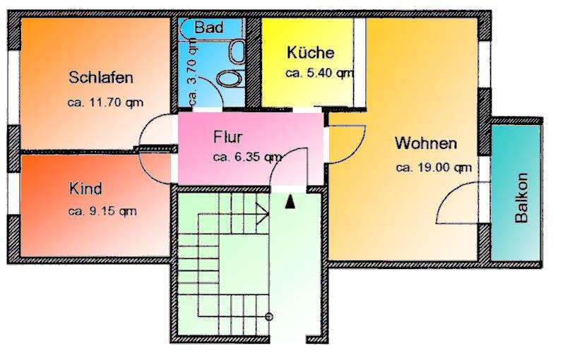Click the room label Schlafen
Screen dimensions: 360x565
pyautogui.click(x=102, y=78)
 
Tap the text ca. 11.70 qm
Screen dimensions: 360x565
pyautogui.click(x=105, y=102)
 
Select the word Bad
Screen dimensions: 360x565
pyautogui.click(x=209, y=28)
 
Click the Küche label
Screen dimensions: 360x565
pyautogui.click(x=310, y=53)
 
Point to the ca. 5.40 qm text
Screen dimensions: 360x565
pyautogui.click(x=319, y=73)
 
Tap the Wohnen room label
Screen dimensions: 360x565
pyautogui.click(x=426, y=143)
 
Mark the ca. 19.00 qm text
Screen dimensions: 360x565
pyautogui.click(x=434, y=167)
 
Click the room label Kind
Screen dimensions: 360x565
pyautogui.click(x=85, y=189)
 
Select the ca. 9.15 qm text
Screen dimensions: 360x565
pyautogui.click(x=102, y=210)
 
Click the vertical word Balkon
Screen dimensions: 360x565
pyautogui.click(x=521, y=198)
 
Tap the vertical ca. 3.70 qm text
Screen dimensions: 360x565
pyautogui.click(x=191, y=73)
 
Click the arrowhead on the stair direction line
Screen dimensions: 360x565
pyautogui.click(x=262, y=210)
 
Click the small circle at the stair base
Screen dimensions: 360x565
pyautogui.click(x=269, y=317)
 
